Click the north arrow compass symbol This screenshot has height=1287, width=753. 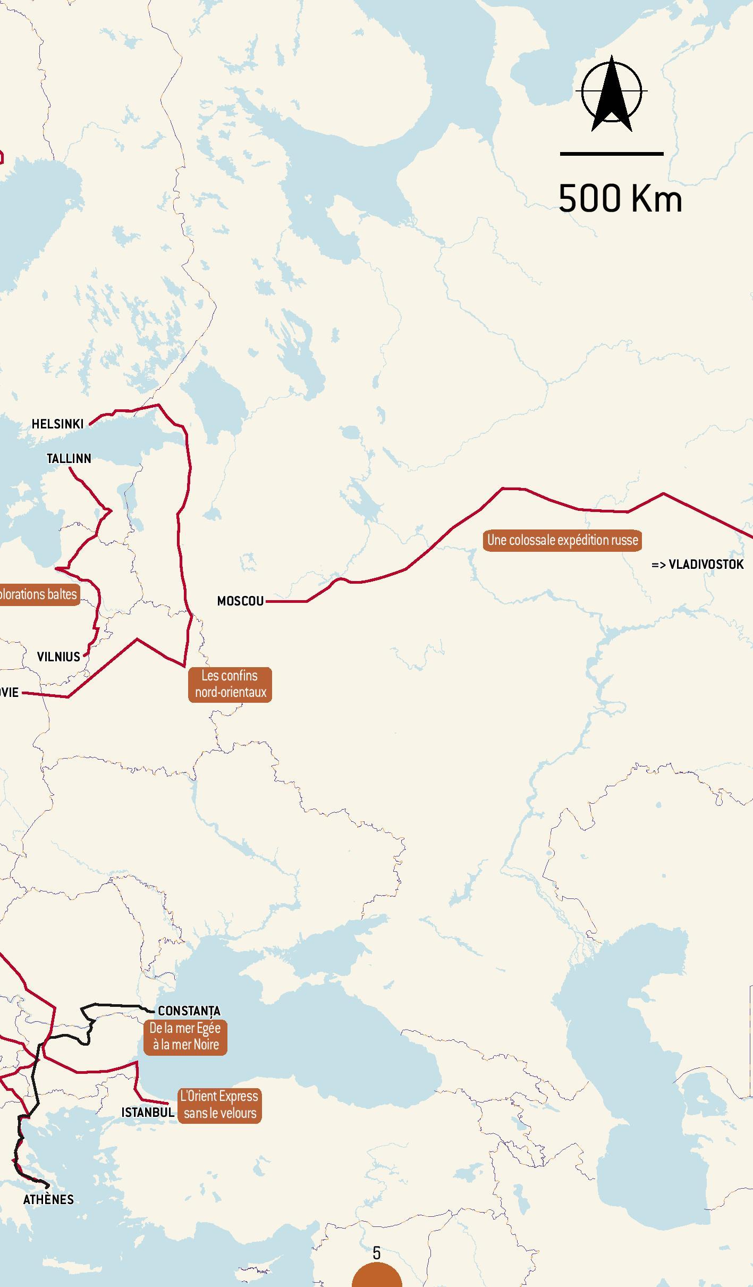pos(612,93)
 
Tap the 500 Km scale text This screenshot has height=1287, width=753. pos(620,199)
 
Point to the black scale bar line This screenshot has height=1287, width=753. pos(612,154)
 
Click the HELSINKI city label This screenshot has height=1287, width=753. pos(57,424)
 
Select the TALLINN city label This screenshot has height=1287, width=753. pos(69,458)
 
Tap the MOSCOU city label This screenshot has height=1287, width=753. pos(240,601)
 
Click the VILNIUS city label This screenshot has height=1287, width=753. pos(58,657)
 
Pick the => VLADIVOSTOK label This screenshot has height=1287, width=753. pos(697,565)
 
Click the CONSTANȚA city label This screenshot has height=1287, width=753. pos(189,1011)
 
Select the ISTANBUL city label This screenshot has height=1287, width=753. pos(148,1112)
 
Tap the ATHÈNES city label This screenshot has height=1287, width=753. pos(48,1184)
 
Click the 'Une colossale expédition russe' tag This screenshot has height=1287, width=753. pos(562,540)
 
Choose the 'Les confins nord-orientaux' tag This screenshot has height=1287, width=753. pos(230,684)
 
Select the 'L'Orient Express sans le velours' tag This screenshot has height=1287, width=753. pos(219,1105)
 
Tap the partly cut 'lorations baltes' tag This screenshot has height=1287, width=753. pos(38,594)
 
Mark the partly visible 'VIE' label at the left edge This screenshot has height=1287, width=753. pos(9,692)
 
